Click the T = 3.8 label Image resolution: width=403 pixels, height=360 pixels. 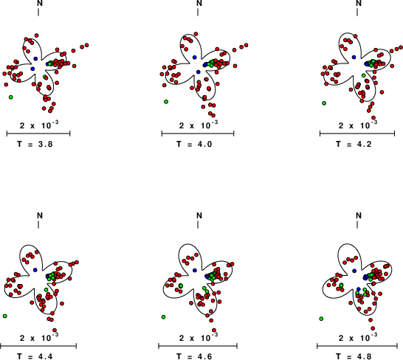pos(35,144)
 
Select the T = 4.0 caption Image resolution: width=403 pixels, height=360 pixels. pos(194,144)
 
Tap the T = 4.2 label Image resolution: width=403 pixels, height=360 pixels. pos(354,144)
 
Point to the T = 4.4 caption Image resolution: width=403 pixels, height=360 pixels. pos(35,356)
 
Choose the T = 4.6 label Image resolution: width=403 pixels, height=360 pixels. pos(194,356)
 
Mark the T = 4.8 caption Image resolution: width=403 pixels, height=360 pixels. pos(354,356)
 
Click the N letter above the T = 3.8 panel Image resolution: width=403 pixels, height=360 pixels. pos(40,3)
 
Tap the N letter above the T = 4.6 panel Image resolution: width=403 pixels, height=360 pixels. pos(199,215)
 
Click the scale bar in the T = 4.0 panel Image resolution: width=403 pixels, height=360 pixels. pos(198,134)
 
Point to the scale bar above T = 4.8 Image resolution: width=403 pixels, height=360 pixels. pos(357,346)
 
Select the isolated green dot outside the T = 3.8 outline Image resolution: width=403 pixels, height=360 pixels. pos(11,97)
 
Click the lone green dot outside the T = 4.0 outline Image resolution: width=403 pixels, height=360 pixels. pos(166,102)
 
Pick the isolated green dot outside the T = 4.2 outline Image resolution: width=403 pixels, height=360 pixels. pos(324,103)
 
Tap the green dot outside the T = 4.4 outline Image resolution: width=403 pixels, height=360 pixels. pos(5,316)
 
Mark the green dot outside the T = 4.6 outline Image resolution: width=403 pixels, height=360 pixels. pos(163,317)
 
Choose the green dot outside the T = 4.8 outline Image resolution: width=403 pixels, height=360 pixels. pos(321,319)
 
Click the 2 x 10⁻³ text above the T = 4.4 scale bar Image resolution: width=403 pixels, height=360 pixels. pos(39,337)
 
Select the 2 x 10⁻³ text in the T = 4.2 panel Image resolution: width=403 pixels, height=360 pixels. pos(358,125)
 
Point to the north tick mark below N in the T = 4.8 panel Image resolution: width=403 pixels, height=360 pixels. pos(357,224)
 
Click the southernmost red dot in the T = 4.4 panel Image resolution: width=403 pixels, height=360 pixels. pos(55,330)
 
